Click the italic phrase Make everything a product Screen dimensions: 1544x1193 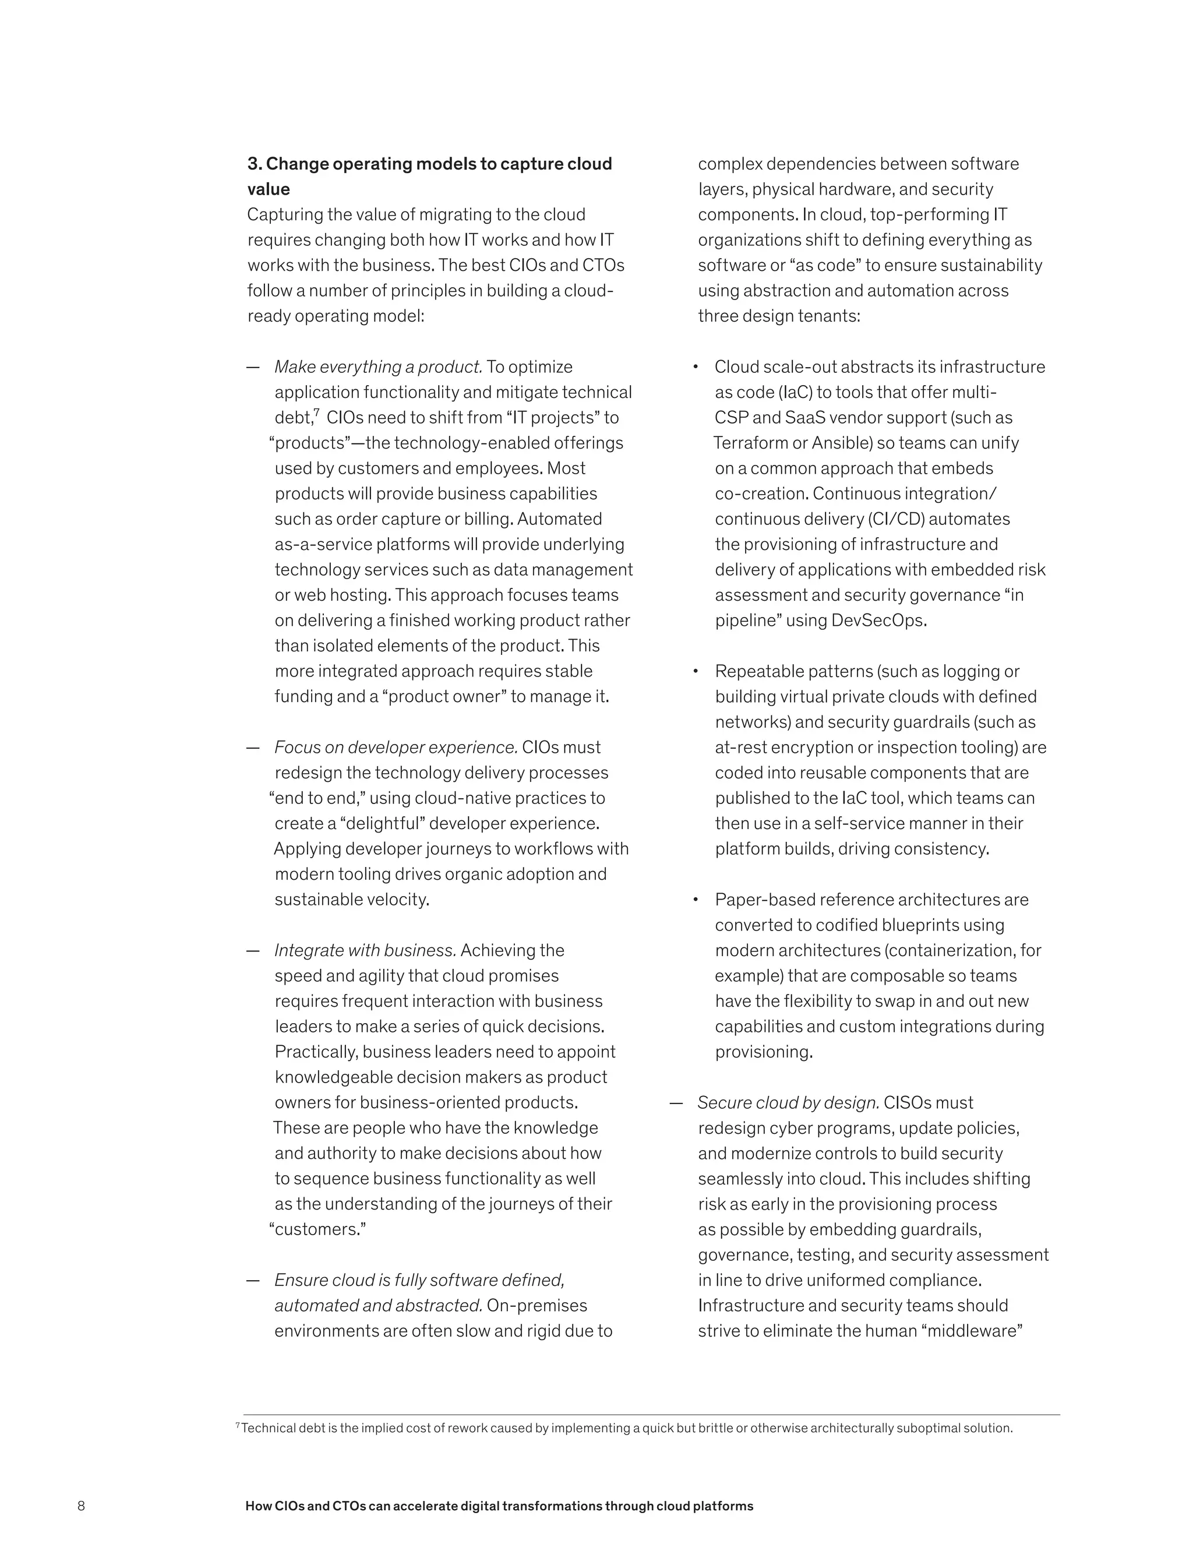click(378, 367)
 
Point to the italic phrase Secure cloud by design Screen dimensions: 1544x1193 click(788, 1103)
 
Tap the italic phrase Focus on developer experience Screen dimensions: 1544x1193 click(396, 748)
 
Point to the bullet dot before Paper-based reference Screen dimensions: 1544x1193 click(696, 899)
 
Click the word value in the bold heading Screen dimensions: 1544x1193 click(269, 189)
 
